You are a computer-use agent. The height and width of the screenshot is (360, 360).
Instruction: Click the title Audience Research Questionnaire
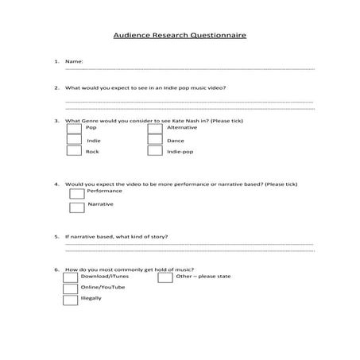click(x=179, y=36)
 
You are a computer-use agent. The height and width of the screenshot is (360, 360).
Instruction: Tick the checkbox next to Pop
click(x=74, y=128)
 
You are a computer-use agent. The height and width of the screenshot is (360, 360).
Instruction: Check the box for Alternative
click(x=155, y=128)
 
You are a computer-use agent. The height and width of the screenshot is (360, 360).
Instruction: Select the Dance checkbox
click(x=155, y=140)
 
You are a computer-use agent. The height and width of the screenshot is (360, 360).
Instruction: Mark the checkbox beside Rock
click(x=74, y=151)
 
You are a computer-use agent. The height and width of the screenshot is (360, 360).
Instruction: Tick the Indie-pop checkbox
click(x=155, y=151)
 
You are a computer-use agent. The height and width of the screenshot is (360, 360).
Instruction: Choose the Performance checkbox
click(x=77, y=193)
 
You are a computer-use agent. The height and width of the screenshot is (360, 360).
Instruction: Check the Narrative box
click(x=77, y=207)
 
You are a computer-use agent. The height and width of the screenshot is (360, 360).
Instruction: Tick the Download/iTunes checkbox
click(x=71, y=277)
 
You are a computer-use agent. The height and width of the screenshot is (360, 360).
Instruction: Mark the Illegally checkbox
click(x=71, y=300)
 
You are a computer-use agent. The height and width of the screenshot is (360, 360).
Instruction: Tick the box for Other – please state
click(x=165, y=277)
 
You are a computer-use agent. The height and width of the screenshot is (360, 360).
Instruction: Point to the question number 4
click(x=56, y=184)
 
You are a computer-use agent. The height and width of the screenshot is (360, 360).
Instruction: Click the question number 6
click(x=56, y=269)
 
